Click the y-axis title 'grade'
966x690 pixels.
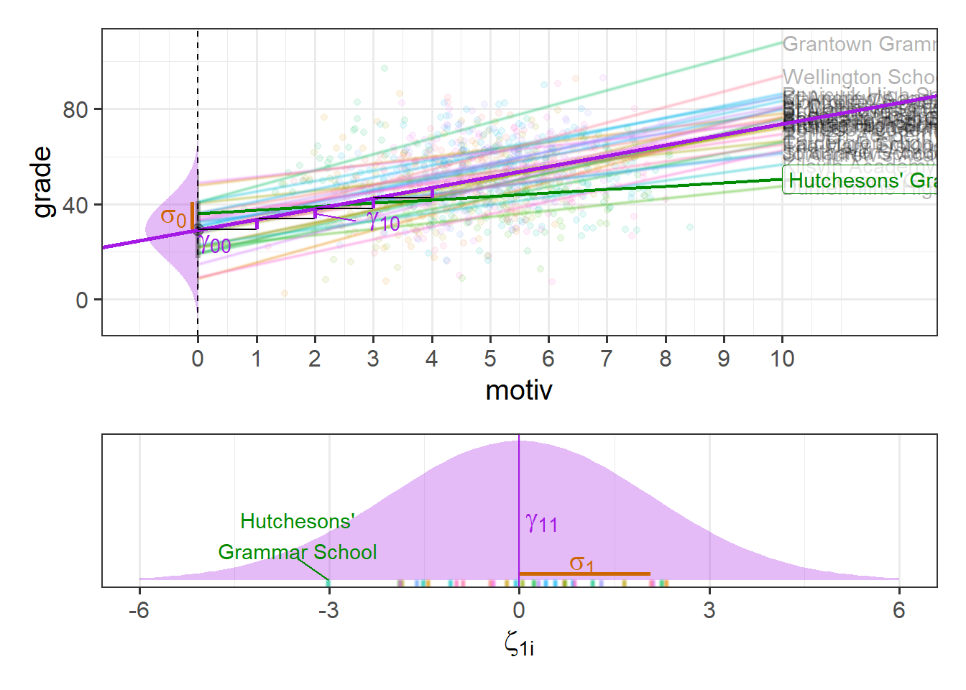click(x=42, y=182)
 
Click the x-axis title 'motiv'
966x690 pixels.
click(x=519, y=390)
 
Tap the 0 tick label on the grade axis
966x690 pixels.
click(x=83, y=300)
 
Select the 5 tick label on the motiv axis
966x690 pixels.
click(x=490, y=359)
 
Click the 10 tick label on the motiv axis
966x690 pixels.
click(x=782, y=359)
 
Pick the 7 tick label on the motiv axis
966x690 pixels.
click(x=607, y=359)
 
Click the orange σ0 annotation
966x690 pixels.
click(x=172, y=217)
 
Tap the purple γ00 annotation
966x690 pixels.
click(x=215, y=245)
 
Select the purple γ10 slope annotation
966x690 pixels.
click(x=383, y=222)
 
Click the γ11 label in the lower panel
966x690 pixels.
click(x=541, y=523)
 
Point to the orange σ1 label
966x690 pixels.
click(x=581, y=563)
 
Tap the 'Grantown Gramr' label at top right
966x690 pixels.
click(x=859, y=45)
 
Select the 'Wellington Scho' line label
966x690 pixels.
click(x=859, y=77)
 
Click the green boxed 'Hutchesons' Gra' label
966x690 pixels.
click(x=861, y=181)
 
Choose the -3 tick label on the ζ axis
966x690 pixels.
click(x=328, y=610)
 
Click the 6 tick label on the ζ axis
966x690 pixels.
click(x=898, y=610)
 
